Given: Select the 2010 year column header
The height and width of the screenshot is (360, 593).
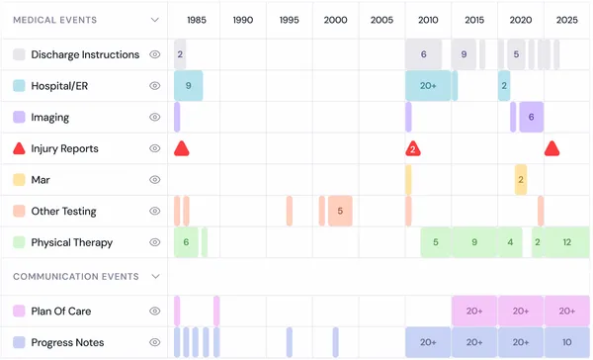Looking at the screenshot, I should coord(428,20).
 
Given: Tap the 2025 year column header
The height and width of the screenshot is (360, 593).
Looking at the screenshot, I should coord(566,20).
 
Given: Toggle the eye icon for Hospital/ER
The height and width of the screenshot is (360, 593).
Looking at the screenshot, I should coord(155,86).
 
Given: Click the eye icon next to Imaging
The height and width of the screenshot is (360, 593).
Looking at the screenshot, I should coord(155,117).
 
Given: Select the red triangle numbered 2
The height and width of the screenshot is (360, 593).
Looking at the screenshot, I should coord(413,149).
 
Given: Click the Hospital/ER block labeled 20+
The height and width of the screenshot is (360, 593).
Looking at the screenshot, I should coord(428,86).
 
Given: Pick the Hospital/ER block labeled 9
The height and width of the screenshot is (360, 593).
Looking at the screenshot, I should coord(189,86).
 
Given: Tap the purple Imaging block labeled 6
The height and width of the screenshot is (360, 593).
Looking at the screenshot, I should coord(531,117).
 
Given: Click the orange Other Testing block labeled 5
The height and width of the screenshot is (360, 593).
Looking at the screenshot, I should coord(340,211).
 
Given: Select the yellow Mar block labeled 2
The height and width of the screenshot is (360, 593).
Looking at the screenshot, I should coord(521,179).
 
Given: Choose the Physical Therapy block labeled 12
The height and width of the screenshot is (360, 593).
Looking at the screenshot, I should coord(566,242).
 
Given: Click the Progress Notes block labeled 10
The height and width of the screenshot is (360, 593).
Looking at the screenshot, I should coord(566,342).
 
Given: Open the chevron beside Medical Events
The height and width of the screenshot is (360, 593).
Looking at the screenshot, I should coord(155,20).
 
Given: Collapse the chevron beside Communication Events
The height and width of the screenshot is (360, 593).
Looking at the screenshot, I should coord(155,277).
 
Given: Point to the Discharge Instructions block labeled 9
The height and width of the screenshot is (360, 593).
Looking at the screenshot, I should coord(464,54).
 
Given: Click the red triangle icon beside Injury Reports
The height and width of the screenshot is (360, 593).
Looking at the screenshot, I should coord(19,148).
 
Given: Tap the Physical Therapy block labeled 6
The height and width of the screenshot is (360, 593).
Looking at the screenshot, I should coord(186,242).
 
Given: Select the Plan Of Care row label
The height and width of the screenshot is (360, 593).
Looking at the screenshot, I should coord(60,312).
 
